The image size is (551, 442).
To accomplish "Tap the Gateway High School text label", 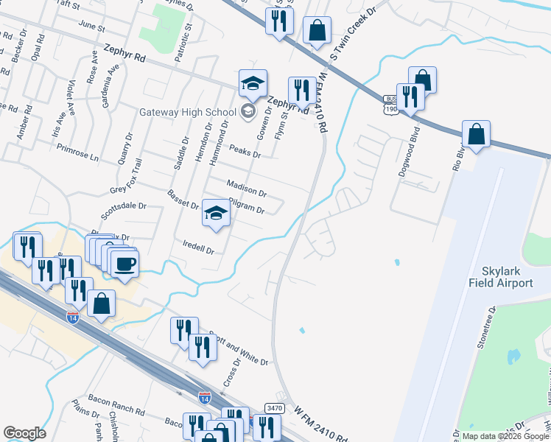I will [x=188, y=113].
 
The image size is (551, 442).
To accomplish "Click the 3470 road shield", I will [x=274, y=407].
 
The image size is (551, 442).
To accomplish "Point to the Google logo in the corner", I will [x=24, y=433].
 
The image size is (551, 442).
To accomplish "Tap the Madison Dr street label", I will [x=246, y=189].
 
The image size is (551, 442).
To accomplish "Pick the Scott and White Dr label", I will [x=237, y=347].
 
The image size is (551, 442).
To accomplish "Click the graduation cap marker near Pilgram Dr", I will [x=216, y=213].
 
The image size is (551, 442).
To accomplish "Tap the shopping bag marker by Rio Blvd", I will [x=477, y=135].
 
